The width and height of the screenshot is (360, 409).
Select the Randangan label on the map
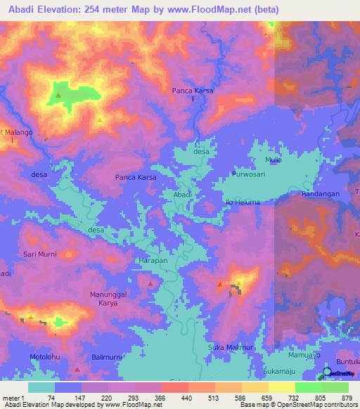click(x=321, y=193)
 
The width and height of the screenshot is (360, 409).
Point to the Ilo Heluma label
click(x=243, y=202)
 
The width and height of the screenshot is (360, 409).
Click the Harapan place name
click(x=150, y=260)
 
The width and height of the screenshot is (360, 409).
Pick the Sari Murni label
click(x=40, y=252)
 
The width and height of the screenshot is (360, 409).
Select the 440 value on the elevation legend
click(x=176, y=397)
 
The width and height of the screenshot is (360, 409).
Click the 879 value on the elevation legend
click(x=347, y=397)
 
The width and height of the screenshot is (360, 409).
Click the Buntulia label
click(x=348, y=359)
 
